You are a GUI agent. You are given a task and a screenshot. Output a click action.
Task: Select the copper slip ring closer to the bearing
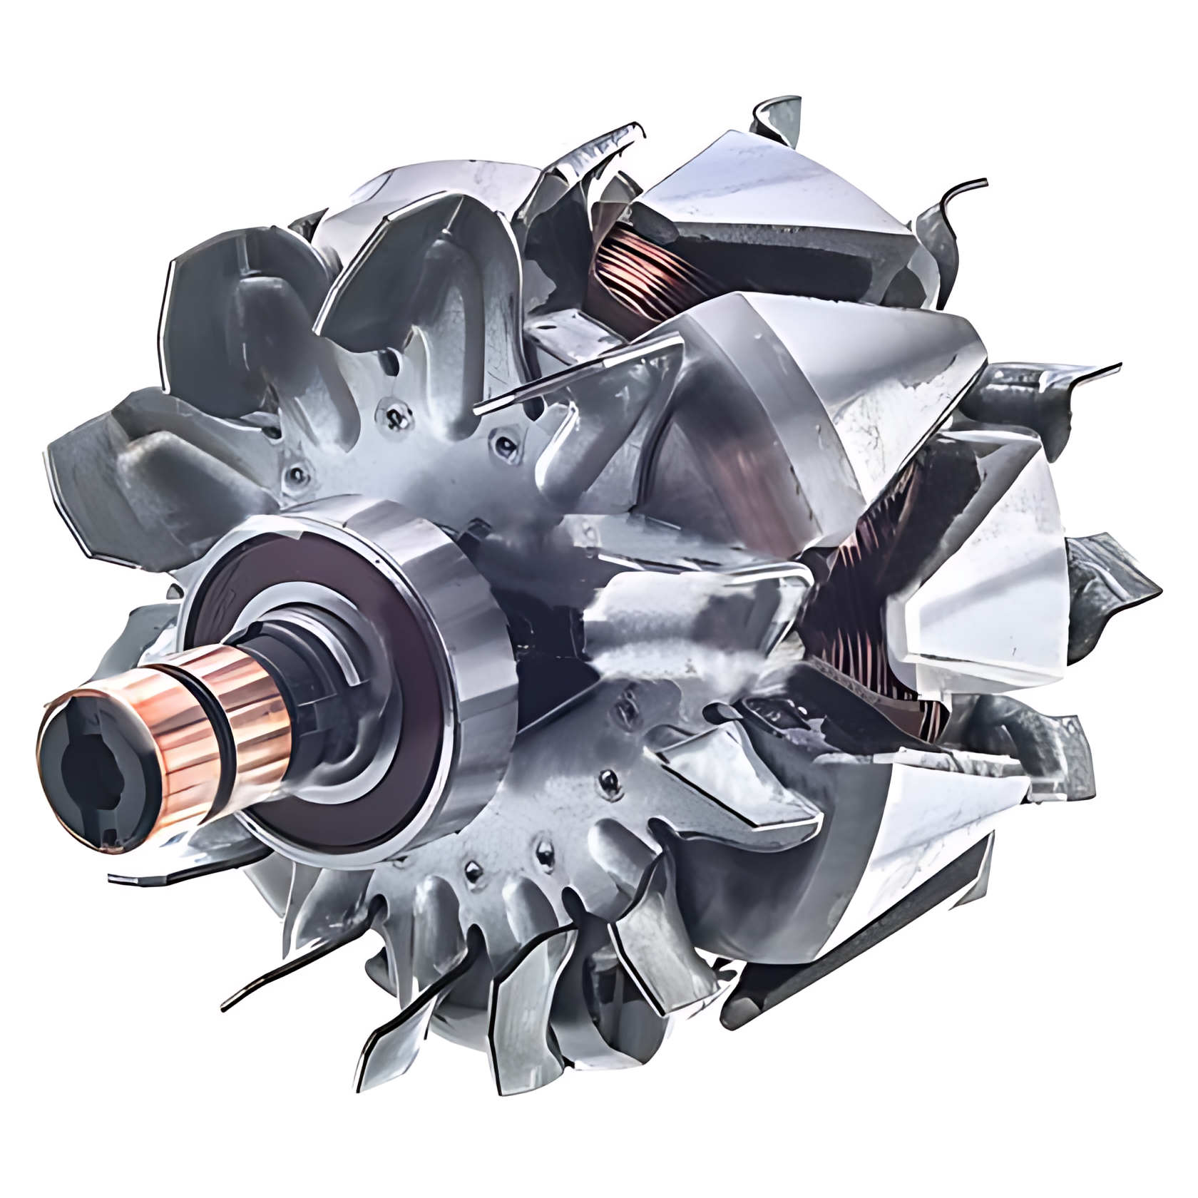pos(239,699)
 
